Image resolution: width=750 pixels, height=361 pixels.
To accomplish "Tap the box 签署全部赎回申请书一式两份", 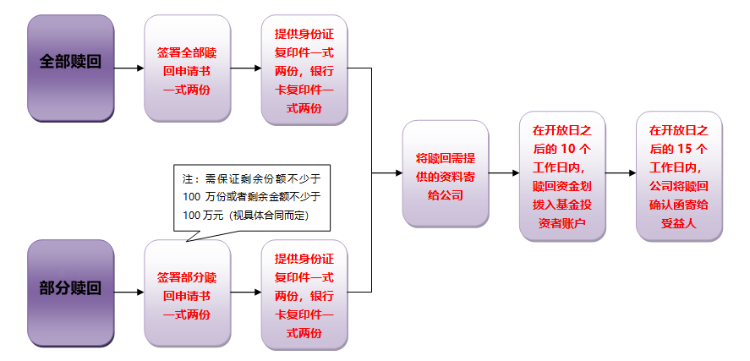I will [187, 68].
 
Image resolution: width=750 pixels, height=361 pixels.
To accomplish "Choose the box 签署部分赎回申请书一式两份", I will [187, 293].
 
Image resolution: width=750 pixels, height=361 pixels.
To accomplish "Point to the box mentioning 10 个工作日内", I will [561, 176].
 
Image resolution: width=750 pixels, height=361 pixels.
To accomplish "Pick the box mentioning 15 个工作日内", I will [679, 176].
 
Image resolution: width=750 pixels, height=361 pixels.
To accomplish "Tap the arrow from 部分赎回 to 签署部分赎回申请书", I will [129, 293].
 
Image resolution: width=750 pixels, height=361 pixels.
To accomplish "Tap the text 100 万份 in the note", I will [204, 197].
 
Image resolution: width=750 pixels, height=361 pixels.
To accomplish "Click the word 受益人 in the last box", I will [679, 222].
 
